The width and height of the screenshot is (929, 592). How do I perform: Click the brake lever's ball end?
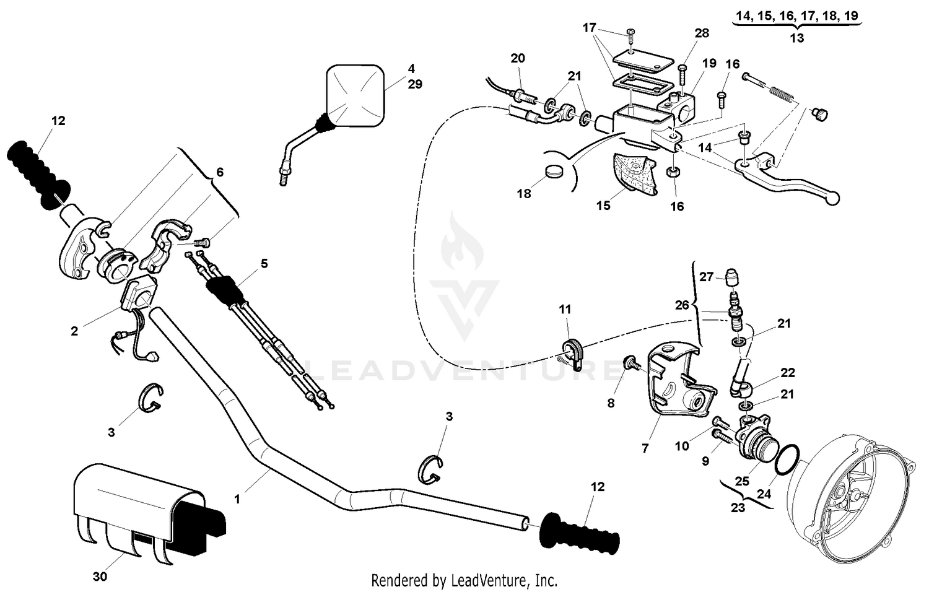[x=834, y=198]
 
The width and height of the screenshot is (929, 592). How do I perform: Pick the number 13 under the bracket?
[x=797, y=37]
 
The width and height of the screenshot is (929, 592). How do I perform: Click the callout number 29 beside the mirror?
[x=415, y=84]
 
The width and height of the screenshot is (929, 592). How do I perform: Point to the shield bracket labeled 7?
[x=675, y=384]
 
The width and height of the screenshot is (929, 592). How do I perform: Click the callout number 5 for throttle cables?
[x=264, y=263]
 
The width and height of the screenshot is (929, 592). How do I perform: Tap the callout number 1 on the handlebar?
[x=237, y=498]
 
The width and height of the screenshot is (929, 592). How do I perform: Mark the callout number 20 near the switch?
[x=518, y=58]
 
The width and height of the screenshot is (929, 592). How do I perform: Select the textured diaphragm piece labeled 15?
[x=632, y=173]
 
